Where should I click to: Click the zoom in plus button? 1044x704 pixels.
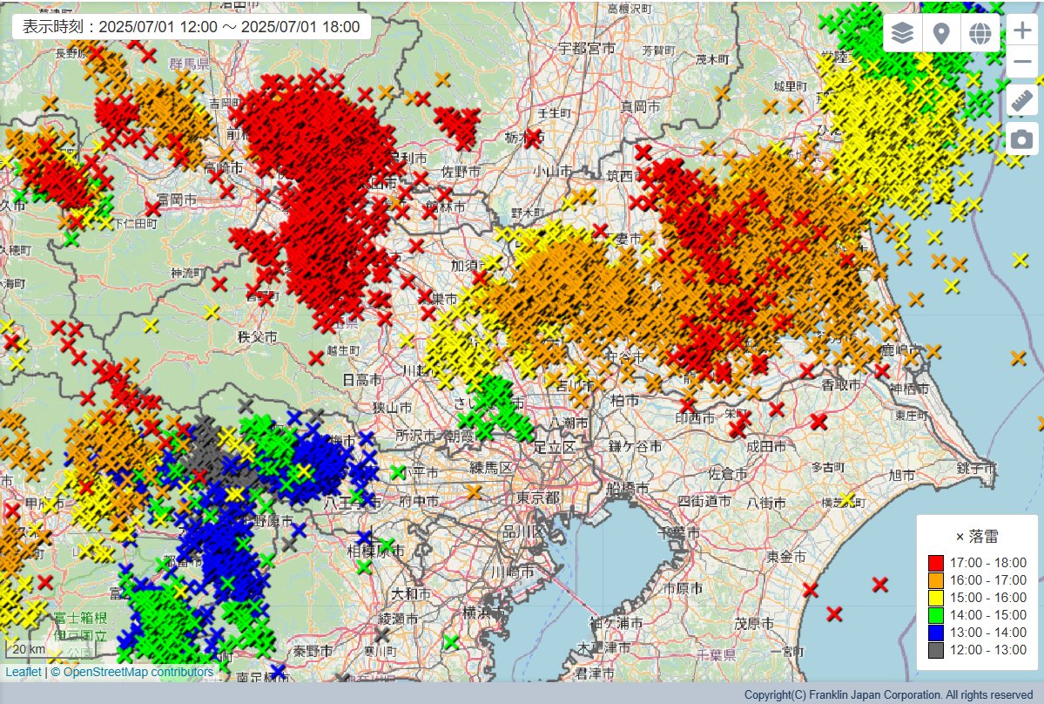(1021, 31)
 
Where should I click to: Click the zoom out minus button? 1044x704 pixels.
(1021, 63)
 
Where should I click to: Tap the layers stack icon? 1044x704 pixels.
(903, 33)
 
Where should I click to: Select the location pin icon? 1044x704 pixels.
(941, 33)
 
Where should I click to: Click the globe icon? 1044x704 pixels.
(980, 33)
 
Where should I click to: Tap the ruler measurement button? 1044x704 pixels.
(1021, 100)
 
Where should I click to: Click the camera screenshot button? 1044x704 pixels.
(1021, 139)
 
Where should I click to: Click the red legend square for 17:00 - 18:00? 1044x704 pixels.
(936, 563)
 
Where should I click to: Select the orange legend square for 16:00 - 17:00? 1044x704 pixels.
(936, 580)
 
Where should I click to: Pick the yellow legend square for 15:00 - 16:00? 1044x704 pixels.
(936, 598)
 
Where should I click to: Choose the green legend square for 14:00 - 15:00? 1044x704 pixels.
(936, 615)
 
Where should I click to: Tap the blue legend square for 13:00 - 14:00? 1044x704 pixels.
(936, 633)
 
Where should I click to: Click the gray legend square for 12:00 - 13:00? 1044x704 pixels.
(936, 650)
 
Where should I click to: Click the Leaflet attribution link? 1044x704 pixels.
(23, 672)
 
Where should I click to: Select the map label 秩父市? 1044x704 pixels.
(259, 336)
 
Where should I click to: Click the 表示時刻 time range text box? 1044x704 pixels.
(191, 26)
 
